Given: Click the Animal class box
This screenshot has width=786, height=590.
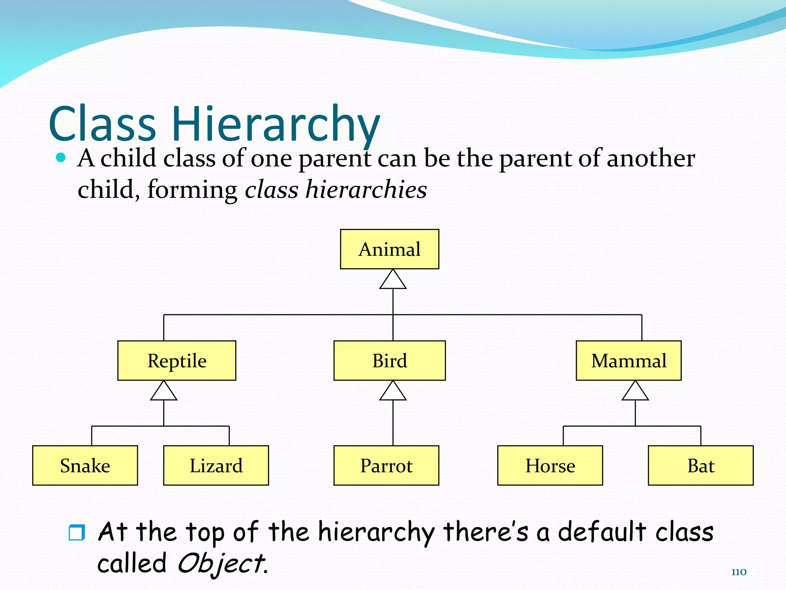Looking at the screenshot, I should (x=389, y=249).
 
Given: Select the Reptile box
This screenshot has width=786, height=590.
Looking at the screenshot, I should (x=177, y=361).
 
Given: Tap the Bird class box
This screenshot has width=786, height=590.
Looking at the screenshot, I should (x=389, y=361).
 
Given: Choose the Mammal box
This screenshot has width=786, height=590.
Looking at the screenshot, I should (x=628, y=361).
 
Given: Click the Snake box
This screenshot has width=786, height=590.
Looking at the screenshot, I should (x=85, y=466).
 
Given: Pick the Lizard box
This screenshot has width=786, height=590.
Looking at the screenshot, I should (x=216, y=466).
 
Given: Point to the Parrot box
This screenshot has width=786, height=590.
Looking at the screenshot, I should (x=386, y=466).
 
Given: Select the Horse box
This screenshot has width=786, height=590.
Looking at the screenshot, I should (x=550, y=466).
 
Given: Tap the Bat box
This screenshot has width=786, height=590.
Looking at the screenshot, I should (x=700, y=466).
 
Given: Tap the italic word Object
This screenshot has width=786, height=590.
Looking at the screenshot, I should (x=222, y=564).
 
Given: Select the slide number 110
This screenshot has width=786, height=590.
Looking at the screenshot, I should (x=738, y=572).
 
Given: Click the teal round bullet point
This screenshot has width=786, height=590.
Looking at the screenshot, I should (x=61, y=157).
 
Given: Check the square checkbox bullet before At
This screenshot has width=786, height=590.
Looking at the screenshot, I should (x=76, y=532).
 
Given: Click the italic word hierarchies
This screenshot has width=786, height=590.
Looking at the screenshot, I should (x=366, y=190).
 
